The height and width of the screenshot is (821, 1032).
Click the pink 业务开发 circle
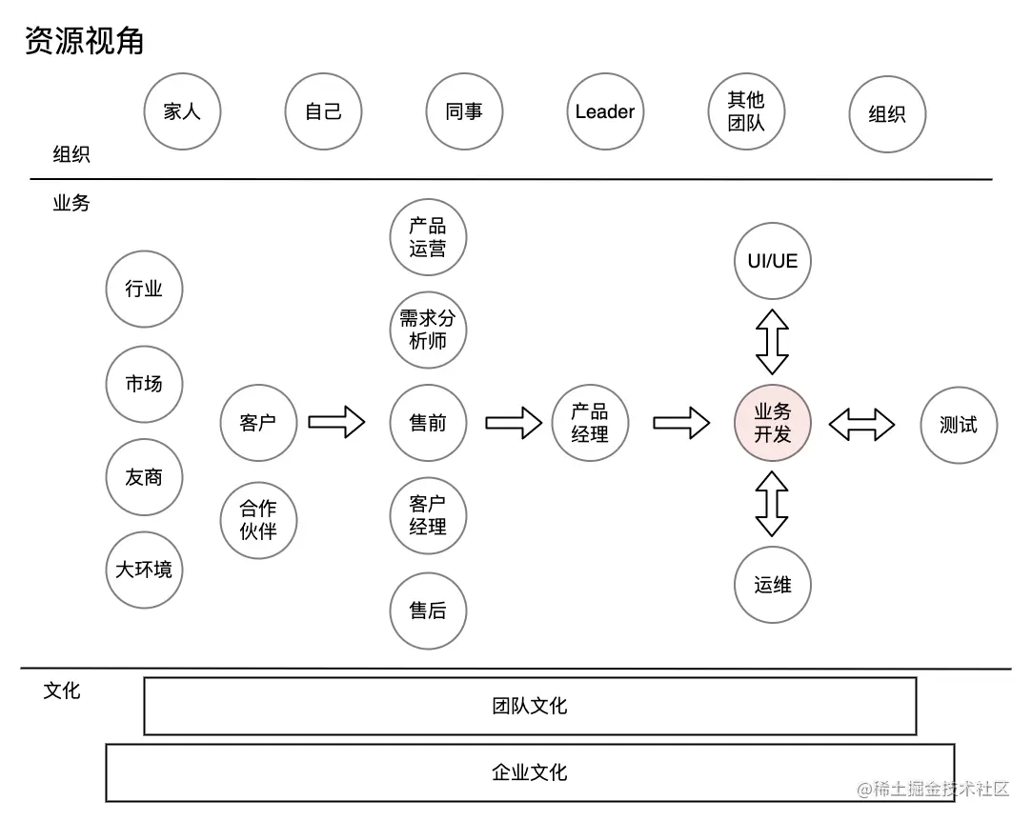[772, 423]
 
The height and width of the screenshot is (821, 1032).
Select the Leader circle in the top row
[605, 111]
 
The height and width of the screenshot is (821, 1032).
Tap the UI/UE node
[772, 261]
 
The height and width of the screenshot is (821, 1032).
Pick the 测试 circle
[959, 425]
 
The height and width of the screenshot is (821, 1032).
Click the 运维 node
[772, 585]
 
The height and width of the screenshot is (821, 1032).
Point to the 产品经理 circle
[590, 423]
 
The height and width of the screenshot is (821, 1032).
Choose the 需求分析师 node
[428, 330]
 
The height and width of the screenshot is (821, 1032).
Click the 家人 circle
[181, 111]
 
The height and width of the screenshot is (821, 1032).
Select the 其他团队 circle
[746, 111]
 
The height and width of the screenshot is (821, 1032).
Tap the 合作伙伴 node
[257, 520]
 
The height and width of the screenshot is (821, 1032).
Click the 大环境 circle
[144, 570]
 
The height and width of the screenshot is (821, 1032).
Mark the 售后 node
[428, 611]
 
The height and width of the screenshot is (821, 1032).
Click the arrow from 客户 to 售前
[336, 422]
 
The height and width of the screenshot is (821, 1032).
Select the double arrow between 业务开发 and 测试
[861, 424]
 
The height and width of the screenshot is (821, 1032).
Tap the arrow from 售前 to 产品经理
[514, 422]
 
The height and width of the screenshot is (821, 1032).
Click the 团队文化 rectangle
[530, 706]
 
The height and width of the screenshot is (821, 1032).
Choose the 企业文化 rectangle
[530, 771]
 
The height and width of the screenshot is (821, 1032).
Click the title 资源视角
[84, 41]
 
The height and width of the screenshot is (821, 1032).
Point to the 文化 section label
[62, 691]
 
